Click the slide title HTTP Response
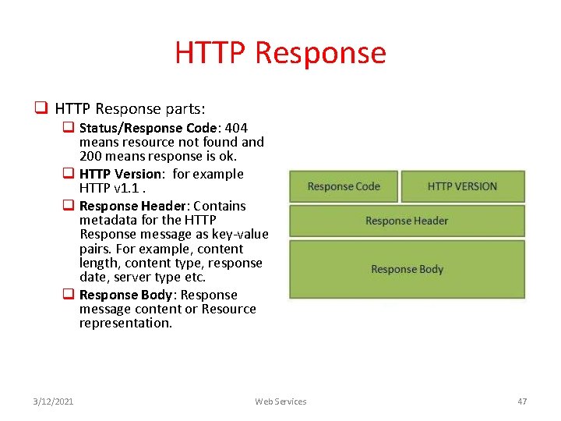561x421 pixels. pyautogui.click(x=280, y=53)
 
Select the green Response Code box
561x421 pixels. pyautogui.click(x=344, y=186)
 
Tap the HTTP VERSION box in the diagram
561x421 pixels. pyautogui.click(x=462, y=186)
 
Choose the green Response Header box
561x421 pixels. pyautogui.click(x=407, y=221)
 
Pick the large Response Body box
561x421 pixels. pyautogui.click(x=407, y=269)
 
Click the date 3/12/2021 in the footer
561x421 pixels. pyautogui.click(x=54, y=402)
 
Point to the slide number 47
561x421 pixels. pyautogui.click(x=522, y=402)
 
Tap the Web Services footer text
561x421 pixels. pyautogui.click(x=280, y=402)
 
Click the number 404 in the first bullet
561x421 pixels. pyautogui.click(x=235, y=128)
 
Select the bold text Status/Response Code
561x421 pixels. pyautogui.click(x=153, y=128)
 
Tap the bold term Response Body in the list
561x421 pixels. pyautogui.click(x=127, y=295)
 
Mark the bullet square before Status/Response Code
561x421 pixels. pyautogui.click(x=69, y=128)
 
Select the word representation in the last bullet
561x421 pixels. pyautogui.click(x=125, y=323)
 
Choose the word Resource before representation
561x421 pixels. pyautogui.click(x=228, y=309)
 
